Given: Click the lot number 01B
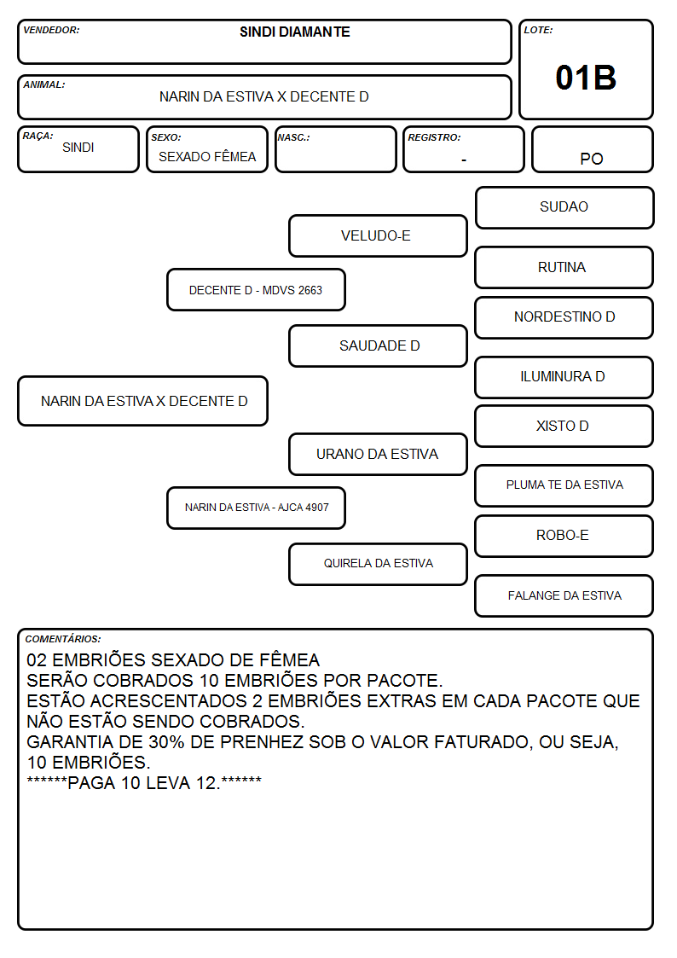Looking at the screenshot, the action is (586, 78).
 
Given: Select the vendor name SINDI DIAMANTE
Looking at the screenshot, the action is (295, 32).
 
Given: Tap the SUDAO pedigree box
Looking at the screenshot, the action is (564, 208).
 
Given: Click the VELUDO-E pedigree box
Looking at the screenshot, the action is (378, 235).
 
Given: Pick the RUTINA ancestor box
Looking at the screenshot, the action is (564, 268).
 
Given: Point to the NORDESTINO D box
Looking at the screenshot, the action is (564, 317).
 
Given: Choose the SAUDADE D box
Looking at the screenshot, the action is (378, 345).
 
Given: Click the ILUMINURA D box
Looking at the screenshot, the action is (564, 378).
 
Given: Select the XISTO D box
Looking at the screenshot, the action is (564, 427).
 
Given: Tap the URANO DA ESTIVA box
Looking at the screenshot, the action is (378, 455).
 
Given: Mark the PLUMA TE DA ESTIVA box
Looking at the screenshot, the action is (564, 485).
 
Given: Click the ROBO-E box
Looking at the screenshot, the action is (564, 536).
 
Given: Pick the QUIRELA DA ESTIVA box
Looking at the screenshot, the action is (378, 564).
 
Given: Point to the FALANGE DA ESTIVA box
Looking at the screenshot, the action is (564, 595).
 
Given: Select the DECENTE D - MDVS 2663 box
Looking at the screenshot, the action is (257, 289).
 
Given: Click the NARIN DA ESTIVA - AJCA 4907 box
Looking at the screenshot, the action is (257, 508).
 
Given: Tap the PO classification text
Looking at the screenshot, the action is (592, 159).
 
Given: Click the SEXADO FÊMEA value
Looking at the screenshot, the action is (207, 156).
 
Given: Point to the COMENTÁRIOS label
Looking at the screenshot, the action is (63, 639).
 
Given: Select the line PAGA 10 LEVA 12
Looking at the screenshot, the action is (144, 782).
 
